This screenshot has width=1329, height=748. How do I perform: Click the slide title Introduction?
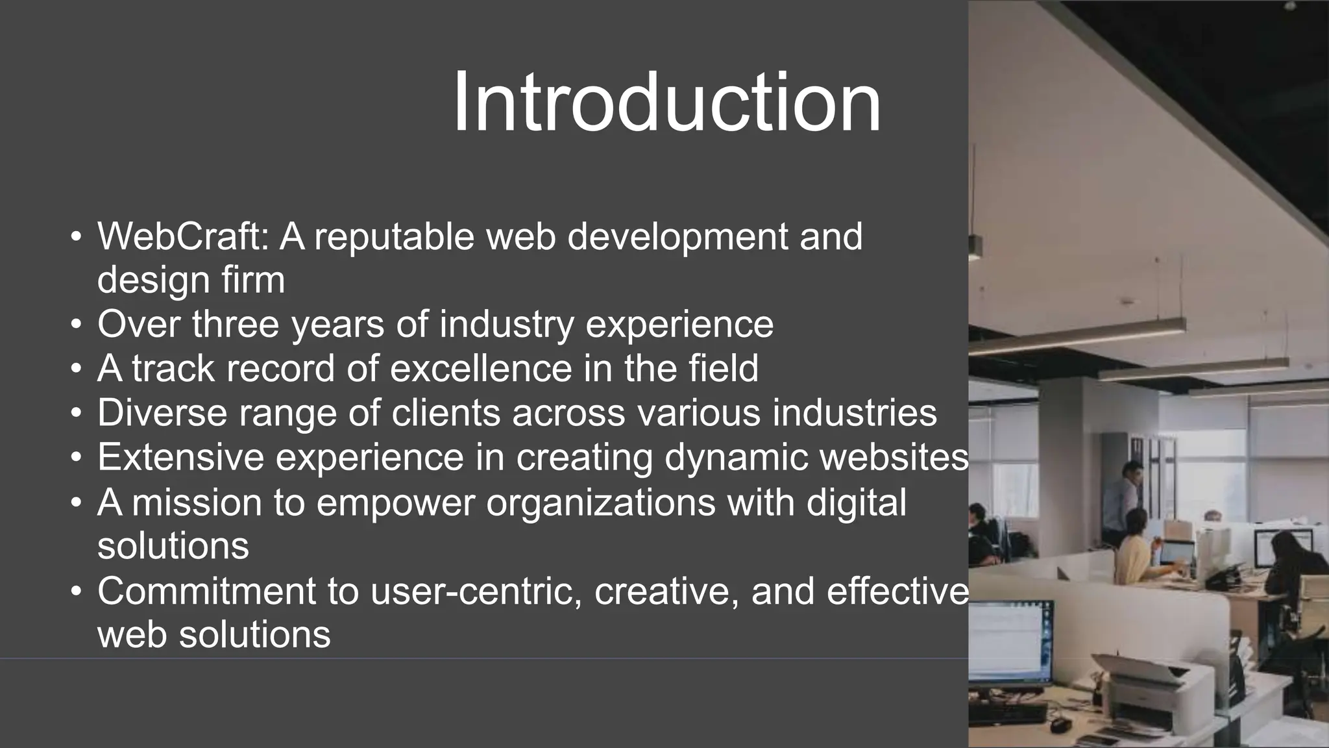[666, 103]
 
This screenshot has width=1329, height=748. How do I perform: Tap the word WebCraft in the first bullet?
[182, 236]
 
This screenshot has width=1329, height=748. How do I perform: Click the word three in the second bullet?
[236, 324]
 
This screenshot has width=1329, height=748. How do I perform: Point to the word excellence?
[480, 369]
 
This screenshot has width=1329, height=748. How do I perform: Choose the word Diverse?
[162, 413]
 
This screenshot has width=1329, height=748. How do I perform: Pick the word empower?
[395, 503]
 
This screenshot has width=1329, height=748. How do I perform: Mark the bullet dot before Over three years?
[77, 324]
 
